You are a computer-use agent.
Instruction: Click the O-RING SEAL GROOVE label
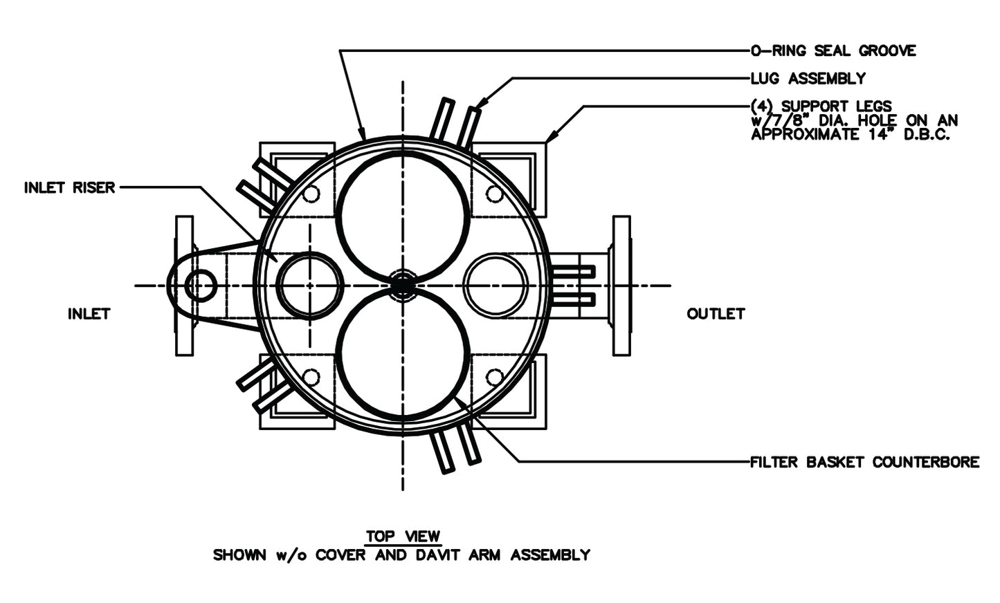[833, 51]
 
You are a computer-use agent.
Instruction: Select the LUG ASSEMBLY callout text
[808, 79]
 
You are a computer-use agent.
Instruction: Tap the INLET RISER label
[70, 188]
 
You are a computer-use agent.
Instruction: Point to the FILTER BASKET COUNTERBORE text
[865, 462]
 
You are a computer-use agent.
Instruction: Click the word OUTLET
[716, 314]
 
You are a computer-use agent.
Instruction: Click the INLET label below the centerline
[89, 314]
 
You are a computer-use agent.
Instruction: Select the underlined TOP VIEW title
[403, 536]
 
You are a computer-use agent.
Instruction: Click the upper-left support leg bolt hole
[311, 194]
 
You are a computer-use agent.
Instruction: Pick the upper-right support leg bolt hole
[494, 194]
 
